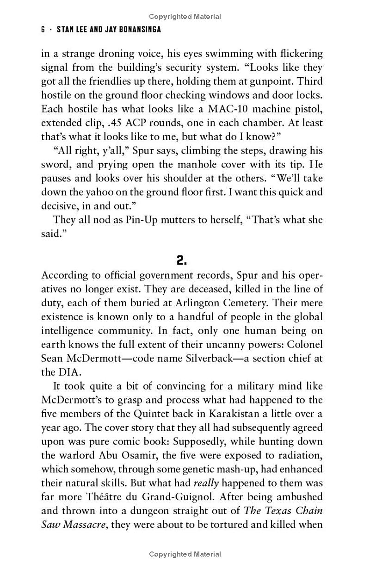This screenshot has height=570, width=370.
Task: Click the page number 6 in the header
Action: pyautogui.click(x=43, y=30)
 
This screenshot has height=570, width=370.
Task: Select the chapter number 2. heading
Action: pyautogui.click(x=182, y=260)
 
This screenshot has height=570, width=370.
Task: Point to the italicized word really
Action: pyautogui.click(x=206, y=483)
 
